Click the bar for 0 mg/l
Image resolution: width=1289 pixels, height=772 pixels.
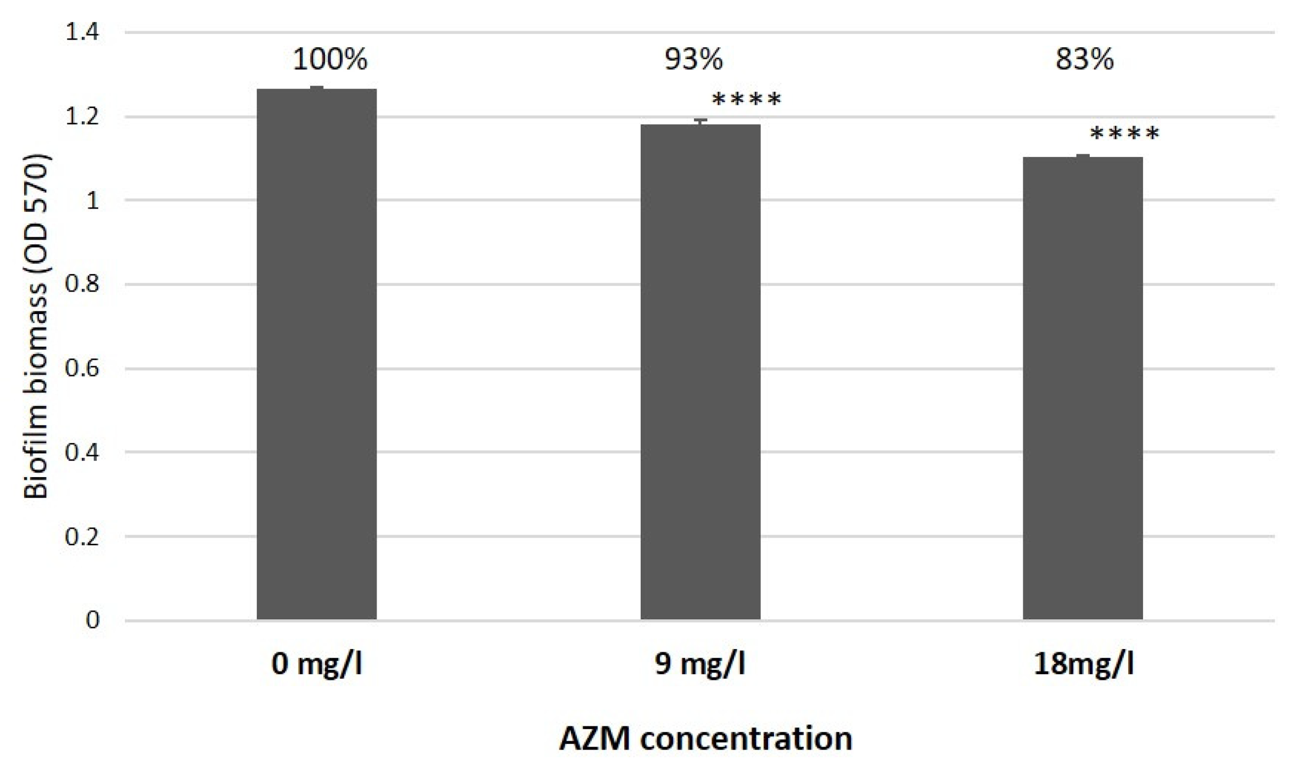point(317,354)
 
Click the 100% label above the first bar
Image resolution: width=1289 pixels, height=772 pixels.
point(329,59)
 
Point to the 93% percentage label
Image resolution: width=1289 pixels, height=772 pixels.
point(693,59)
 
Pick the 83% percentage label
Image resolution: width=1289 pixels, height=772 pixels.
point(1084,59)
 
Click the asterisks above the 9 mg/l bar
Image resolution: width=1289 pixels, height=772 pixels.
point(746,100)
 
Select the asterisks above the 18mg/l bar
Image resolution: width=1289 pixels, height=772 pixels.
point(1124,133)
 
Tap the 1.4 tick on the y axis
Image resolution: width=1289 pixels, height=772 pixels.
point(82,32)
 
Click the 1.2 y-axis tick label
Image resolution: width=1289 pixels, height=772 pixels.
point(82,117)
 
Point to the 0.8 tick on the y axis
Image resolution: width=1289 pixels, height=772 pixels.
point(82,284)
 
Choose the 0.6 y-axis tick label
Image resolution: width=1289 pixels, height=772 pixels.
point(82,368)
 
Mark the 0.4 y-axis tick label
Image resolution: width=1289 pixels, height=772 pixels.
point(82,452)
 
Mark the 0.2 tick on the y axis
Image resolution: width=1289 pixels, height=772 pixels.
point(82,536)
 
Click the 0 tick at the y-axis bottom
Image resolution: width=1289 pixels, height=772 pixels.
point(92,620)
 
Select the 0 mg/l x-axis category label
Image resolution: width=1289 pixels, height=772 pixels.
point(317,664)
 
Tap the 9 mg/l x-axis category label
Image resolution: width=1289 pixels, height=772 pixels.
point(700,664)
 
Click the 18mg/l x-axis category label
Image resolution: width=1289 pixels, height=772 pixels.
point(1083,664)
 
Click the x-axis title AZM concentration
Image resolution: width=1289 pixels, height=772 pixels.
point(705,739)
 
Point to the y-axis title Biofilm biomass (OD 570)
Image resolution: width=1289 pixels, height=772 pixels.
point(36,327)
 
